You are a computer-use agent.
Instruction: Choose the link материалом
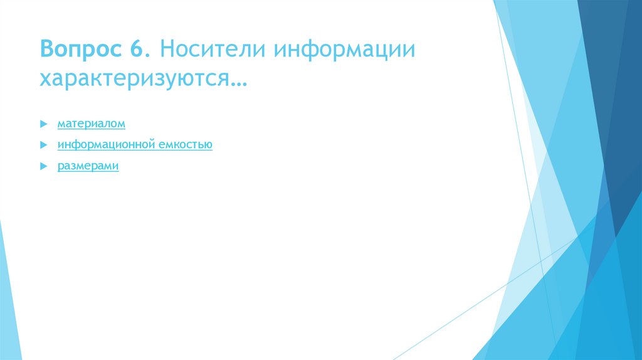(x=92, y=124)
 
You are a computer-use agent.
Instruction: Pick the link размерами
(x=88, y=166)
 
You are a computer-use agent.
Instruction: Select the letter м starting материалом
(x=61, y=125)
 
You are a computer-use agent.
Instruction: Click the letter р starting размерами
(x=60, y=167)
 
